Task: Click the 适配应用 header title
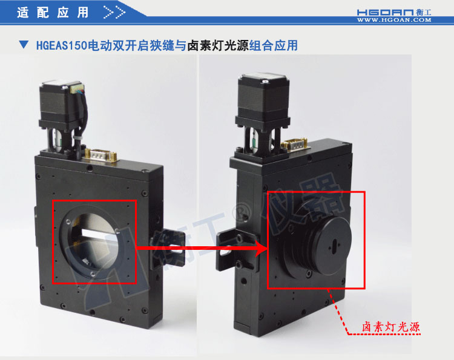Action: tap(53, 12)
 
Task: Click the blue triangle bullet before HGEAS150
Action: tap(24, 45)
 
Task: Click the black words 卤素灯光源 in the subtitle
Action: tap(219, 45)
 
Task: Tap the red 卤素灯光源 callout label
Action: tap(390, 327)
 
